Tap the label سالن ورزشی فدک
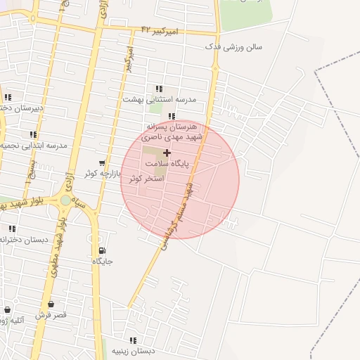(x=233, y=46)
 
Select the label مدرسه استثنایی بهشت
(x=169, y=99)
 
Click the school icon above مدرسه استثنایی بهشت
(x=159, y=89)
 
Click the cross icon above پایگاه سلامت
(x=167, y=153)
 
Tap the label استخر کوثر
(x=146, y=179)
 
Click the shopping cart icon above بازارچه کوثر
(x=103, y=162)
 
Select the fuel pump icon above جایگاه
(x=103, y=250)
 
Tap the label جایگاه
(x=103, y=261)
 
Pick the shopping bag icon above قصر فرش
(x=50, y=304)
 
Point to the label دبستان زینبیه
(x=132, y=351)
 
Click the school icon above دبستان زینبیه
(x=133, y=340)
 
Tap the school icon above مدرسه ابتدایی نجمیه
(x=33, y=134)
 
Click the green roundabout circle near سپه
(x=65, y=200)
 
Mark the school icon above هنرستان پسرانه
(x=172, y=117)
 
